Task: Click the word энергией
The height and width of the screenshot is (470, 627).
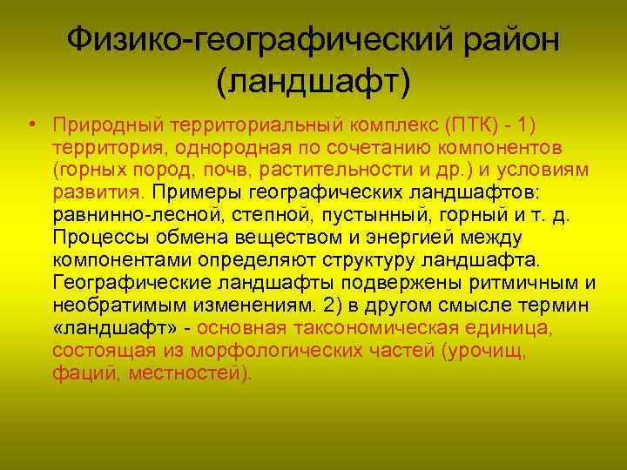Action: tap(368, 237)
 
